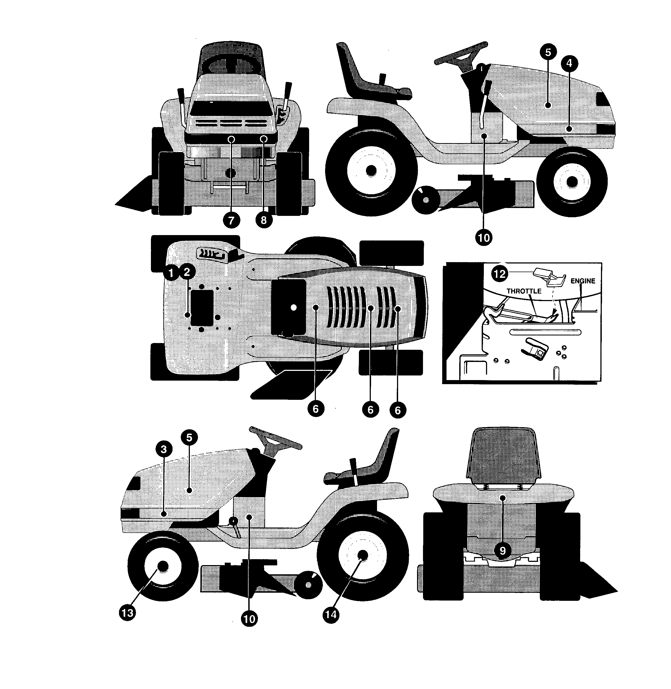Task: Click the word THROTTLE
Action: pyautogui.click(x=524, y=291)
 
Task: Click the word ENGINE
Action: pyautogui.click(x=583, y=281)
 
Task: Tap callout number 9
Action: pyautogui.click(x=503, y=550)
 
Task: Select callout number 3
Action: pyautogui.click(x=164, y=449)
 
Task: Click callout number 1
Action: pyautogui.click(x=171, y=272)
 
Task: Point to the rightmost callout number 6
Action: pyautogui.click(x=398, y=410)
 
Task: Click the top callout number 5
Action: pyautogui.click(x=548, y=52)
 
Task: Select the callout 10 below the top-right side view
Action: pyautogui.click(x=484, y=238)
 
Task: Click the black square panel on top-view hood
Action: pyautogui.click(x=289, y=307)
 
